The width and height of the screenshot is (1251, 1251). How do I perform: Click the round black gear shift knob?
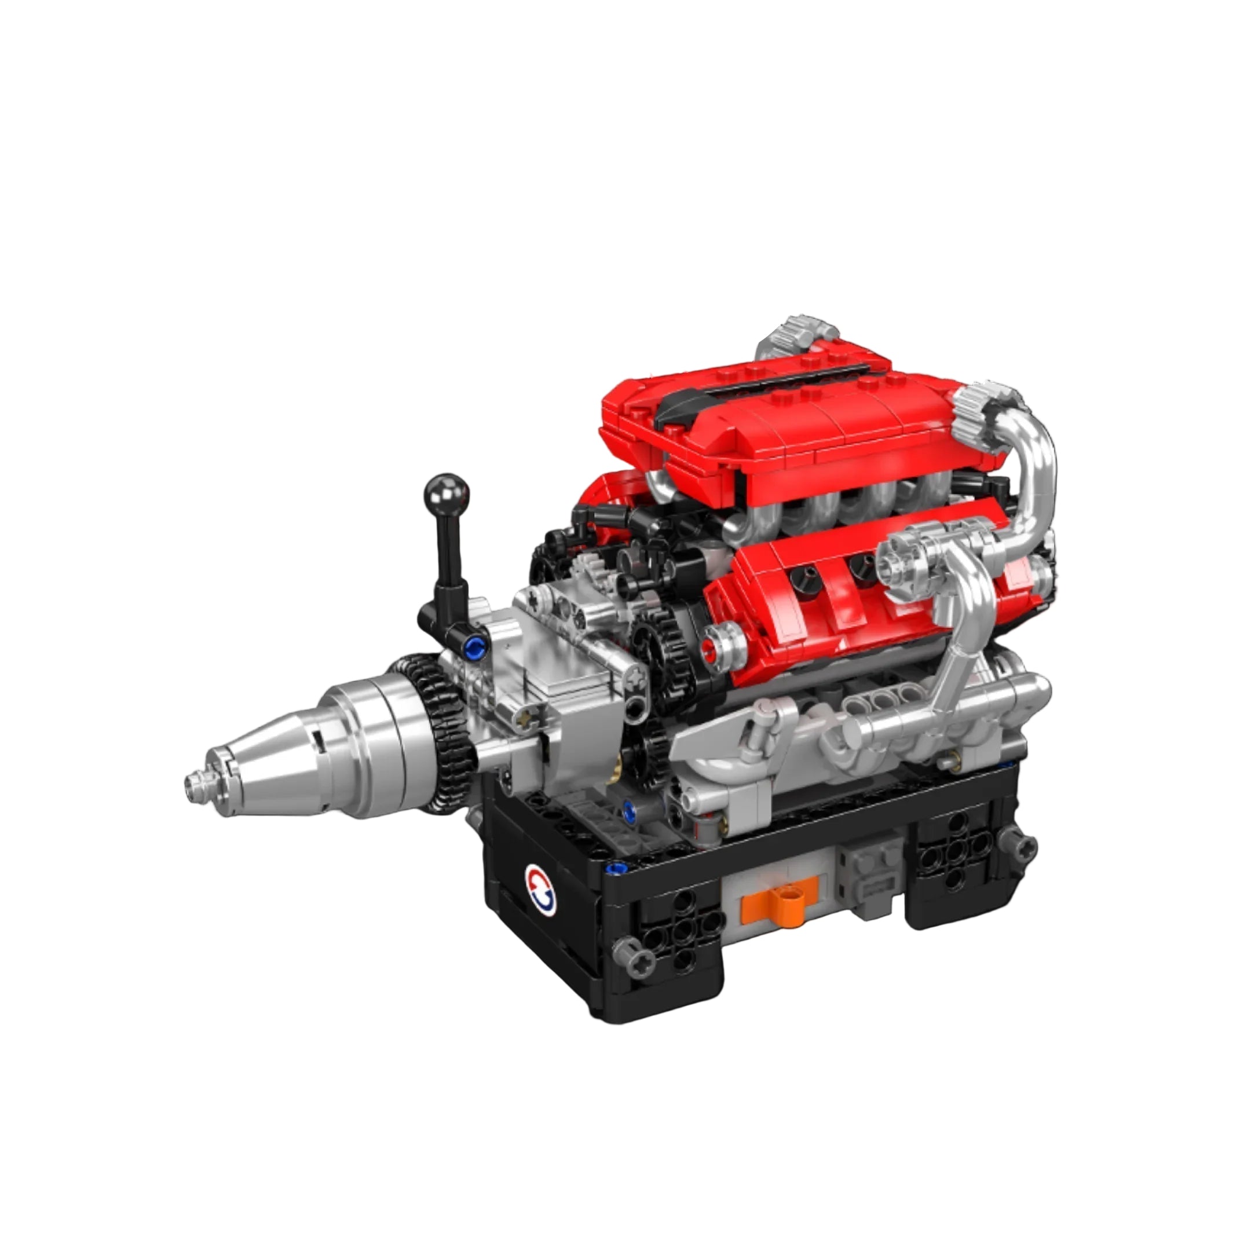(445, 492)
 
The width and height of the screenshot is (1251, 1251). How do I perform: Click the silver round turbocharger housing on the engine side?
(899, 564)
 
